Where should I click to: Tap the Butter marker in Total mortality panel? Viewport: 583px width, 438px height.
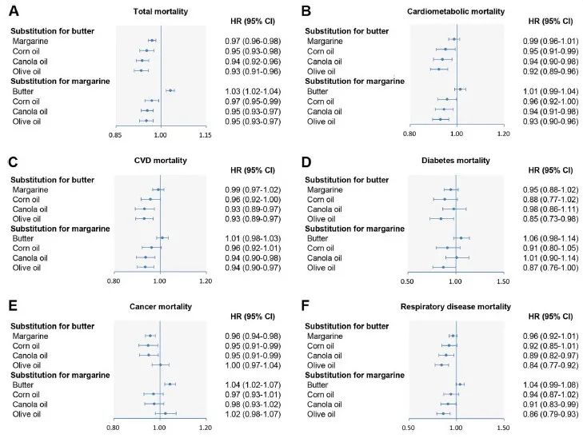[170, 90]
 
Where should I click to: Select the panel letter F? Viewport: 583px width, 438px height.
[307, 308]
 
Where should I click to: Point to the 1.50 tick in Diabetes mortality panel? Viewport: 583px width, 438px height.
[502, 281]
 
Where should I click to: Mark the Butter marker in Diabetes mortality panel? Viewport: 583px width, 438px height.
[461, 237]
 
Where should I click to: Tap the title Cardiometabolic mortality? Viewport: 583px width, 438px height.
[455, 12]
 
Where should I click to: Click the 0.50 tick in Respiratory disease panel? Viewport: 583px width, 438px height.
[409, 428]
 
